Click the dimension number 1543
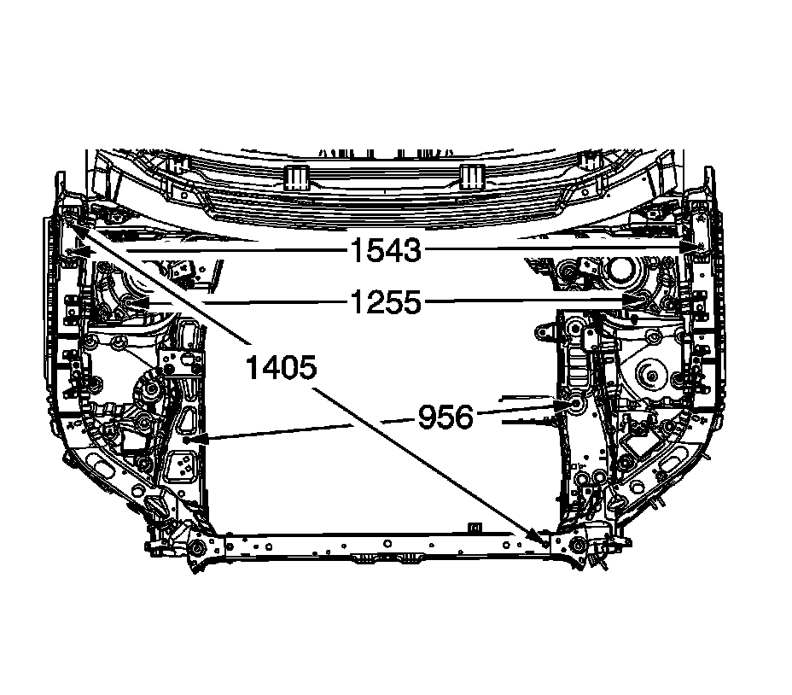coord(386,251)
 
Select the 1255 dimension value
coord(386,302)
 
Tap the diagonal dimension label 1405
coord(282,367)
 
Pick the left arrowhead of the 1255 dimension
coord(137,303)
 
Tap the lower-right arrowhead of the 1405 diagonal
coord(539,537)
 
